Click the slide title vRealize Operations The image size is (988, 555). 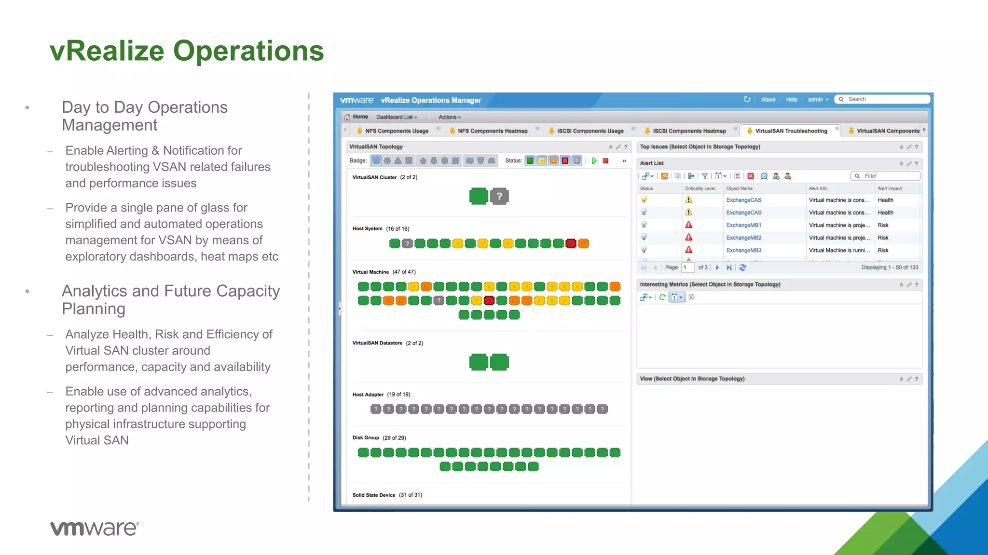[x=187, y=51]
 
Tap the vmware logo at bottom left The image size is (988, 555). [x=95, y=529]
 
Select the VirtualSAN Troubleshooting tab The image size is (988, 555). [x=791, y=131]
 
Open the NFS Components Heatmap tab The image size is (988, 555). [x=492, y=131]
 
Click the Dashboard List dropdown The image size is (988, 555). [x=397, y=117]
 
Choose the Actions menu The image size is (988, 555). [x=449, y=117]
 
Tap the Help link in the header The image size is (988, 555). [x=791, y=100]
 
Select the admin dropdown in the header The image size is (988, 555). [x=818, y=100]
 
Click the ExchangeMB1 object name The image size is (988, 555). [x=743, y=225]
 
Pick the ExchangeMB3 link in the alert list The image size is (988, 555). [x=743, y=250]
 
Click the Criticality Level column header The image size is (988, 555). [x=700, y=188]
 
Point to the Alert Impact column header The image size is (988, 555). [x=890, y=188]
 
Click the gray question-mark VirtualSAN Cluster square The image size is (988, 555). [x=499, y=196]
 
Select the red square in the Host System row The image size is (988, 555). [x=571, y=244]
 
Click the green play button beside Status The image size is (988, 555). [x=594, y=161]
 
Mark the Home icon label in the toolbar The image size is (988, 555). [x=360, y=117]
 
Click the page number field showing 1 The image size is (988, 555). [x=687, y=267]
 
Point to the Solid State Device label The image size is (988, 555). [x=373, y=495]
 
